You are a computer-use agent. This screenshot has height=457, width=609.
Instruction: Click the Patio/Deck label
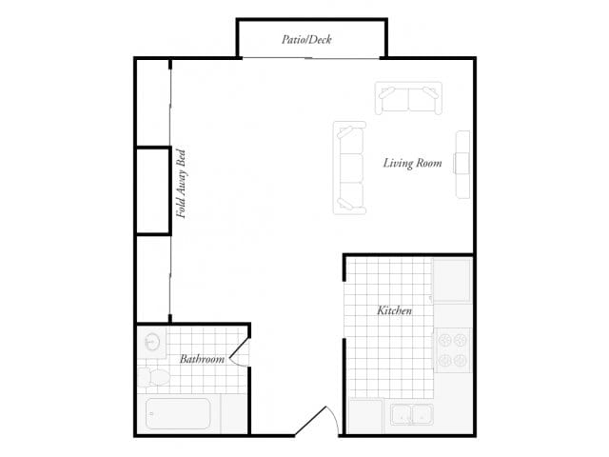[306, 40]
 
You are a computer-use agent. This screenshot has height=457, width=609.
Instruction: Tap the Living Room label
[413, 164]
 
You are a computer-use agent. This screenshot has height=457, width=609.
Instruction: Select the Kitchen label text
[394, 311]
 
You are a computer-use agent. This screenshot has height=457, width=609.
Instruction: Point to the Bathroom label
[202, 359]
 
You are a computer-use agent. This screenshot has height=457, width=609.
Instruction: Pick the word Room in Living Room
[429, 164]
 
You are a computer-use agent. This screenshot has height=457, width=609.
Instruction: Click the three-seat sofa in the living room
[349, 168]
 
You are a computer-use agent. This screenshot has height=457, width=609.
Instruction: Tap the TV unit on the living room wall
[462, 165]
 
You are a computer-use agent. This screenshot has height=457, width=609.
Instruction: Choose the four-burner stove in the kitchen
[453, 349]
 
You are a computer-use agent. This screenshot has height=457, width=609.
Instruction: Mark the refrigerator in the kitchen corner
[452, 281]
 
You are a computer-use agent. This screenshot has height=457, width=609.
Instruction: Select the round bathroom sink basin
[150, 342]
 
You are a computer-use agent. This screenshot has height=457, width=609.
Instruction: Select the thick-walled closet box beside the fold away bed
[152, 190]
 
